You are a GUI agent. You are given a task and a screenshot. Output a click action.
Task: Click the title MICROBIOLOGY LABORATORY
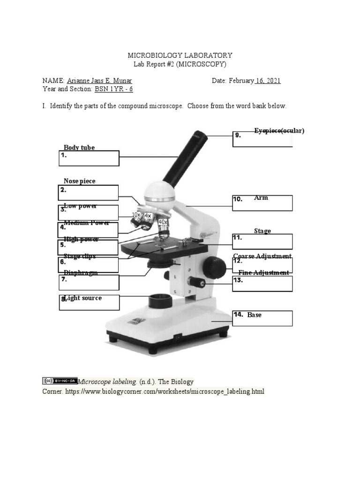(x=180, y=55)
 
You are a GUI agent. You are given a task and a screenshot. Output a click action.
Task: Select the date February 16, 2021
(x=255, y=81)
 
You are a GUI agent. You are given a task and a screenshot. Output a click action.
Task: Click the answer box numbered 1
(x=89, y=158)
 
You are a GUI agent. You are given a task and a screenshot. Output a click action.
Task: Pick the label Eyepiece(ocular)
(x=279, y=131)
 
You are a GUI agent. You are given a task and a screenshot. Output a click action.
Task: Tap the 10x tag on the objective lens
(x=136, y=215)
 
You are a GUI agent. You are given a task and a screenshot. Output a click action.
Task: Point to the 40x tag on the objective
(x=163, y=222)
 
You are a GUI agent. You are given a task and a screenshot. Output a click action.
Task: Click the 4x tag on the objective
(x=148, y=216)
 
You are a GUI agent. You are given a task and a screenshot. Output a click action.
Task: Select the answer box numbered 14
(x=262, y=318)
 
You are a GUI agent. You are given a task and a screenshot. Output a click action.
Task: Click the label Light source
(x=83, y=298)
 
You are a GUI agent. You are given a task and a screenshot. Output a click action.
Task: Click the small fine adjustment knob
(x=196, y=282)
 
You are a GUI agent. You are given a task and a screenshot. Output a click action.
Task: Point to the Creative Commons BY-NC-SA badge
(x=60, y=381)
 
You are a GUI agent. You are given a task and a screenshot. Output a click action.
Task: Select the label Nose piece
(x=80, y=181)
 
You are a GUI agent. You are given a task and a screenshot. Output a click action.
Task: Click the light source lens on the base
(x=160, y=300)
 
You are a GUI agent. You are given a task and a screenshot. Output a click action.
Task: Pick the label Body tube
(x=79, y=148)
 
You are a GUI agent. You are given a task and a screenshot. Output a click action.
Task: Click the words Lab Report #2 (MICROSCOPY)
(x=180, y=64)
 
